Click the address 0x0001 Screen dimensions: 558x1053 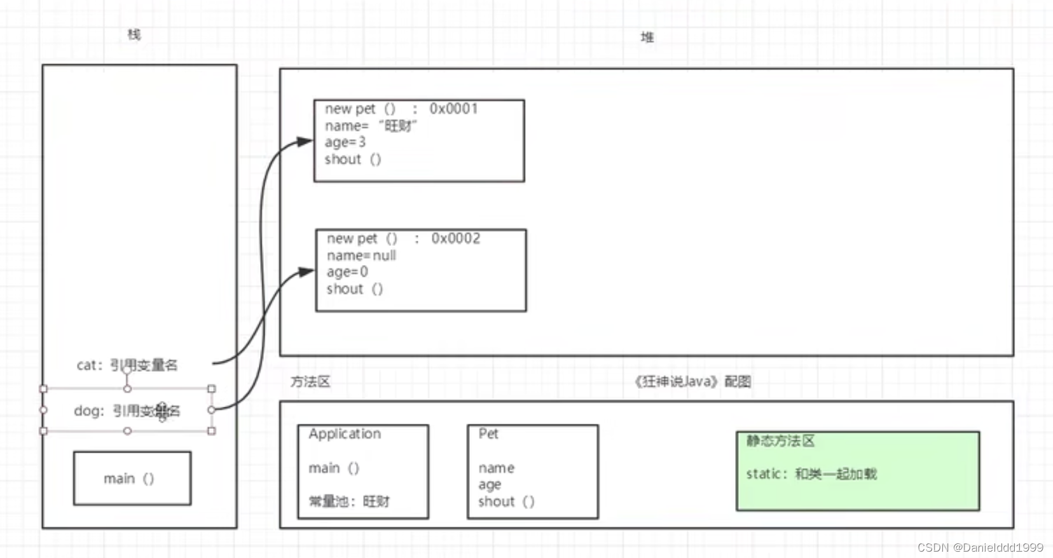(453, 109)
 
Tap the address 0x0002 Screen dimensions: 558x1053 (455, 238)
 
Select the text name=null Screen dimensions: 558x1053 (361, 255)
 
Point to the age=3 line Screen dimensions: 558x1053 (345, 142)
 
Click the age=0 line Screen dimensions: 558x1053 (347, 272)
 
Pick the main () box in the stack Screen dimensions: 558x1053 (132, 479)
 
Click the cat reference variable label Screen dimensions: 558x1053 (127, 365)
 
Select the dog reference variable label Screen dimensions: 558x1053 (127, 411)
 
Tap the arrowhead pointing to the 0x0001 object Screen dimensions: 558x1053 (305, 142)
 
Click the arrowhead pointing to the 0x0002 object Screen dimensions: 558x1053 (306, 272)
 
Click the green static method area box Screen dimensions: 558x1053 (857, 471)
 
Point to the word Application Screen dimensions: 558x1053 (345, 434)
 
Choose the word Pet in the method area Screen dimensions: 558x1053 (488, 434)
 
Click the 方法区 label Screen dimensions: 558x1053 (310, 382)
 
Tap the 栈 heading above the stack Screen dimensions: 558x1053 (134, 34)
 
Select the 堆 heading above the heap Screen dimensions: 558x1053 (647, 37)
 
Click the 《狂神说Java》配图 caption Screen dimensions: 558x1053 (692, 382)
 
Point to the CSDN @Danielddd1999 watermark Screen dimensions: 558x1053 (981, 547)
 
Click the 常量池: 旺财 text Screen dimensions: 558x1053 (349, 501)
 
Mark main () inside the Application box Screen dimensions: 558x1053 (334, 468)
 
